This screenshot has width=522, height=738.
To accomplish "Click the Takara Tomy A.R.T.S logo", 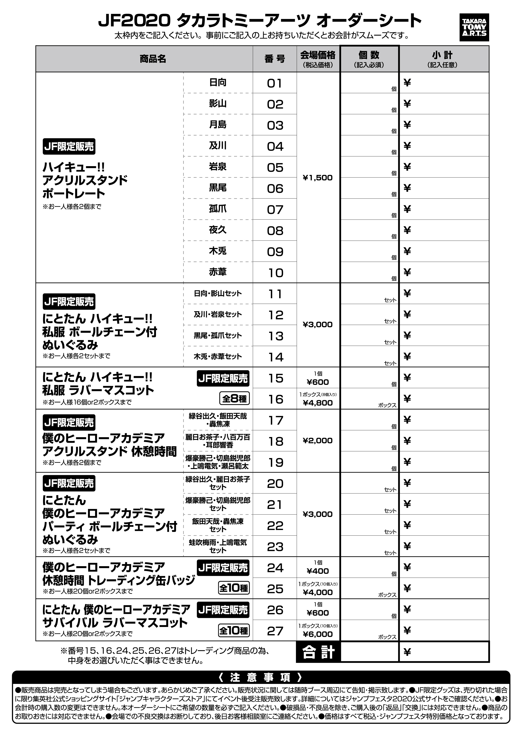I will [474, 27].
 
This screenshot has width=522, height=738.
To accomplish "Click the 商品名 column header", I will [153, 59].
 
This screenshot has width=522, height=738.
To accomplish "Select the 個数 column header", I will [369, 59].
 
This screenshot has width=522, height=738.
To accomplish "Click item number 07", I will [275, 209].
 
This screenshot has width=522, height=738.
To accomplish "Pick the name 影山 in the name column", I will [218, 103].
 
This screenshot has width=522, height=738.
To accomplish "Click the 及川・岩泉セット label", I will [218, 314].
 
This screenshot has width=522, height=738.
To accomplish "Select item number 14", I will [275, 357].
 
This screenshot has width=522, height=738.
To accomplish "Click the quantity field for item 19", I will [369, 462].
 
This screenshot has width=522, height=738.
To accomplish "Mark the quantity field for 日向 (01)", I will [369, 83].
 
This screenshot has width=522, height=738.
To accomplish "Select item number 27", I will [275, 631].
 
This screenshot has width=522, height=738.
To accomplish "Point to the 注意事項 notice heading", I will [261, 678].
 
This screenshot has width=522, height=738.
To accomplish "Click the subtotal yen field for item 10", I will [444, 272].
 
